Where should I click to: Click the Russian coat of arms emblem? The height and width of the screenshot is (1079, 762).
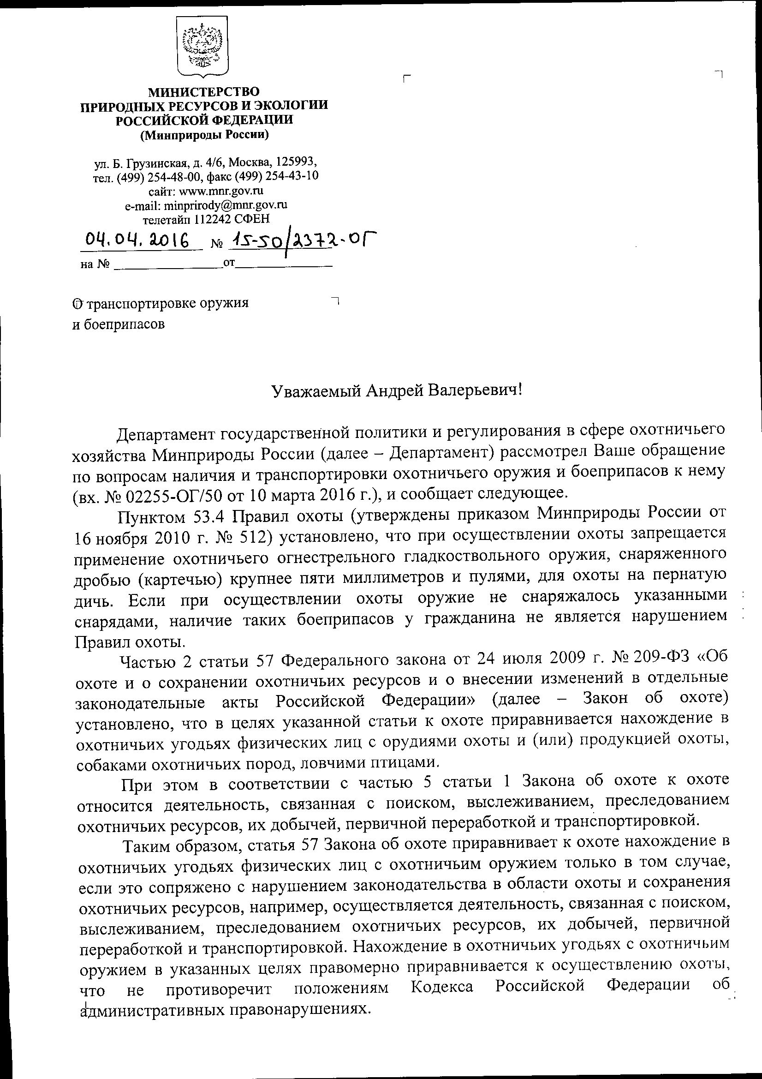[202, 47]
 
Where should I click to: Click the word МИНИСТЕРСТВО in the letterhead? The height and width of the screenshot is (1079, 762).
[203, 91]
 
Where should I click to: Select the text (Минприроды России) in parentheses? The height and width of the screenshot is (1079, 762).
[204, 135]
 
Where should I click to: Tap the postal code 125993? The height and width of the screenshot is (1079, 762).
[296, 162]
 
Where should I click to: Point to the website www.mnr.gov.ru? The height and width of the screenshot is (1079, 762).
[221, 191]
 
